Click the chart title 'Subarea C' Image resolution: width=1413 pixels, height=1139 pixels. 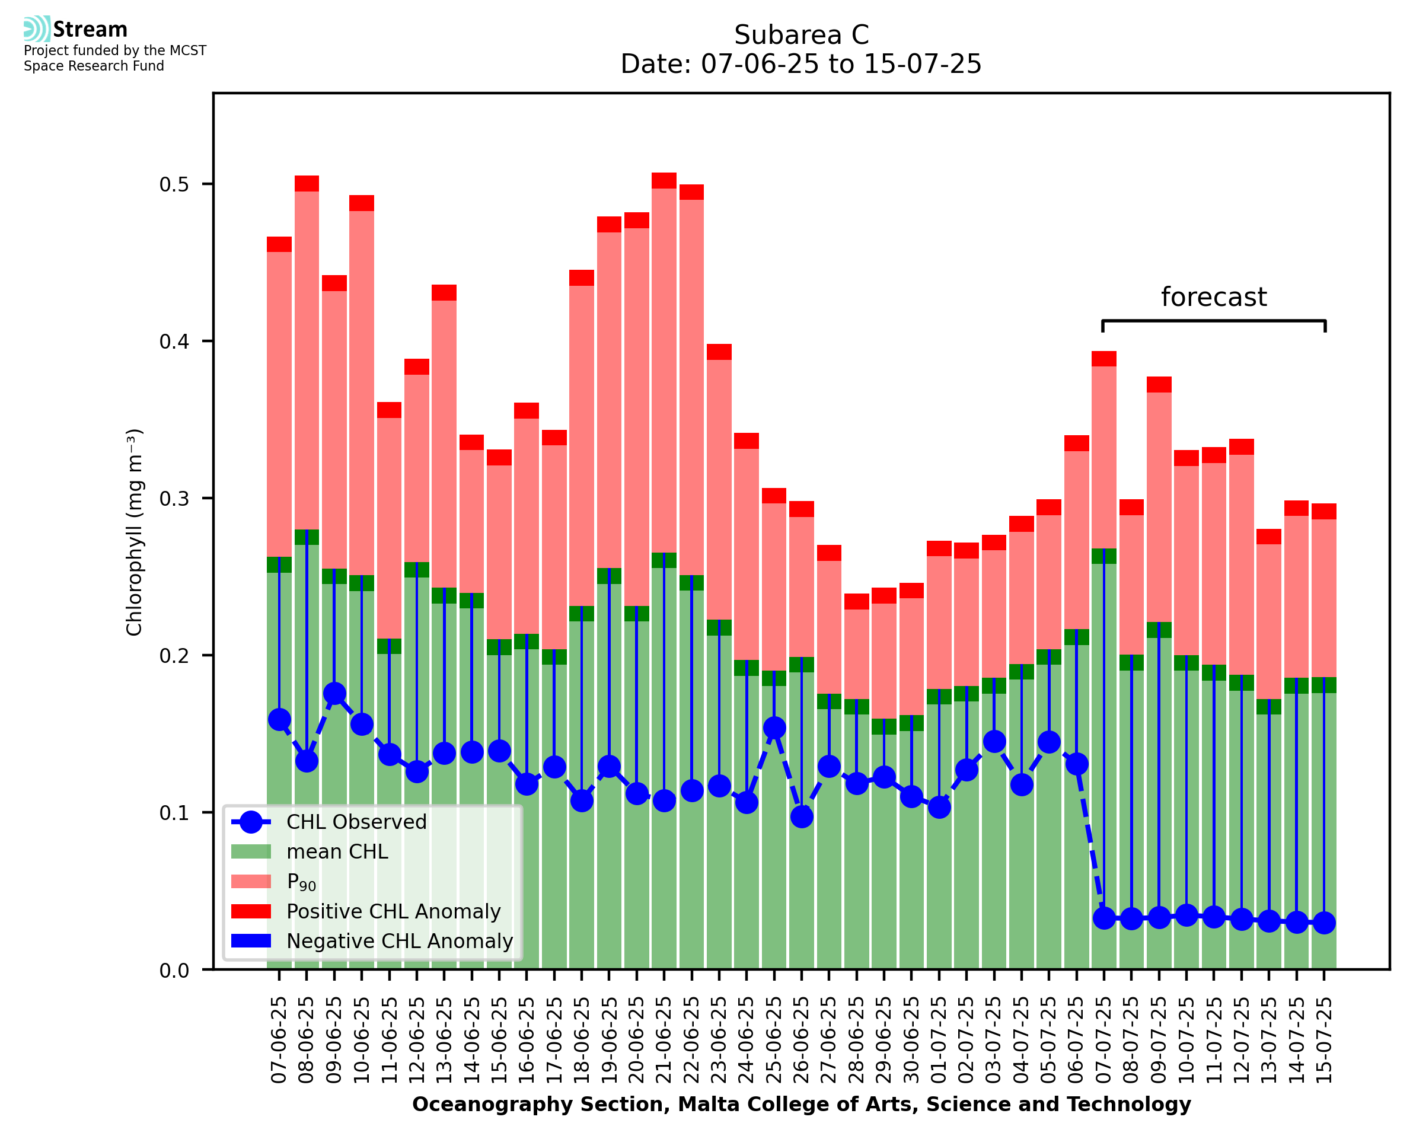(801, 35)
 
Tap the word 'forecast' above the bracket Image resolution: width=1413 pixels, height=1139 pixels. (1213, 297)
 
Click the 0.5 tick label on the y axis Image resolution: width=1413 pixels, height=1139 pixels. (174, 184)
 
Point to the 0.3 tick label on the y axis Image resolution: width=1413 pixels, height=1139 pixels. (174, 499)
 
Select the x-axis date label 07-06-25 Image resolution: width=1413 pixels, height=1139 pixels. (279, 1040)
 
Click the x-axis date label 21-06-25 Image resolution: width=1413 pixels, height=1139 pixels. (665, 1040)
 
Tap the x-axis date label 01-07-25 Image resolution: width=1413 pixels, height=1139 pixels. (939, 1040)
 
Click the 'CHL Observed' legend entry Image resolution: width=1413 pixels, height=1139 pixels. (356, 822)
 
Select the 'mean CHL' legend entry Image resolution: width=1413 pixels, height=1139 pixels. (337, 851)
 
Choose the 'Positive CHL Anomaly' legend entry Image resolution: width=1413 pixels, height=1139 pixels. (394, 911)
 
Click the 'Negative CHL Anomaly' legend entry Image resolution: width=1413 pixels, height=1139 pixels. (400, 941)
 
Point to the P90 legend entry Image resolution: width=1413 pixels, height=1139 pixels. (301, 882)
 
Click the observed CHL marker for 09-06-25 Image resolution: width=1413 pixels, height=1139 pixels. (334, 694)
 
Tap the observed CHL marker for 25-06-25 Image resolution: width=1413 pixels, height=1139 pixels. (774, 728)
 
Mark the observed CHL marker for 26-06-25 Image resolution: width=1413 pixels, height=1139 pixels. (802, 817)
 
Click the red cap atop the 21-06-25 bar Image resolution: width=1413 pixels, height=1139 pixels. (664, 180)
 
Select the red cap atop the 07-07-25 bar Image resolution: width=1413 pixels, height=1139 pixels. (1103, 358)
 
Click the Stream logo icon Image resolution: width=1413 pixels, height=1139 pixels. (37, 28)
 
